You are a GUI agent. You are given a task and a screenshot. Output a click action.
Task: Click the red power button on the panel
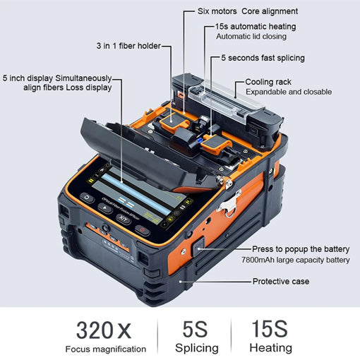click(142, 230)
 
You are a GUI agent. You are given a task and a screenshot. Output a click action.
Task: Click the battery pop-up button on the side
click(199, 247)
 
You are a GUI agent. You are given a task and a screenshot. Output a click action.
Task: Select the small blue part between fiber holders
click(200, 140)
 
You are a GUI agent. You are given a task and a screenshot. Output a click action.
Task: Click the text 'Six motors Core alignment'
click(248, 11)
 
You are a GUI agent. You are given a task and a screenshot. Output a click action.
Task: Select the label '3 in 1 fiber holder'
click(128, 46)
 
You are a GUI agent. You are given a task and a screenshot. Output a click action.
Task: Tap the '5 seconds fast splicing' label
click(263, 58)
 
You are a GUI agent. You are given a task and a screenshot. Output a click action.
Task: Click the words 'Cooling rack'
click(268, 82)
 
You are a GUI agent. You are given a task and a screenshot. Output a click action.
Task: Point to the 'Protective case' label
click(281, 281)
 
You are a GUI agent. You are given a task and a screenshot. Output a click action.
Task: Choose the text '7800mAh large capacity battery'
click(296, 260)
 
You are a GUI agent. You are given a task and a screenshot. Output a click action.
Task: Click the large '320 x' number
click(104, 330)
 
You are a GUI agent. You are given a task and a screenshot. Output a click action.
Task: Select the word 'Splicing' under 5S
click(197, 348)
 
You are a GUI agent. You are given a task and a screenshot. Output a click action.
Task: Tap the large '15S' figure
click(270, 329)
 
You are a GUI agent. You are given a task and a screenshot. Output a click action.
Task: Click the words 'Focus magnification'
click(106, 349)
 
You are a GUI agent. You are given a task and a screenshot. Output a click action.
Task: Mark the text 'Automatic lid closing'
click(251, 37)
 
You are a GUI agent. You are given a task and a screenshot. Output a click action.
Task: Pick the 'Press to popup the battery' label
click(301, 249)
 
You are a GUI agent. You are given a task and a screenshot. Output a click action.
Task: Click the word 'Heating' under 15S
click(271, 348)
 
